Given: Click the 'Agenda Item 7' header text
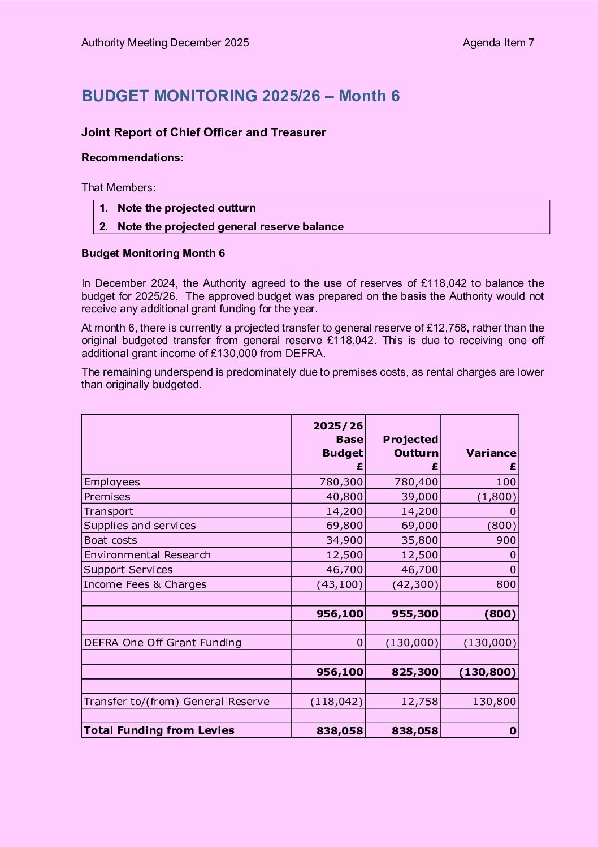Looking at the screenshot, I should pyautogui.click(x=498, y=43).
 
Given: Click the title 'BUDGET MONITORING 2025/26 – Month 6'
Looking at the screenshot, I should pyautogui.click(x=240, y=96).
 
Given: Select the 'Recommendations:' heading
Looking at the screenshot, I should pyautogui.click(x=132, y=158).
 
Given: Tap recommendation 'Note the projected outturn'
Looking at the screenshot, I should pyautogui.click(x=186, y=208).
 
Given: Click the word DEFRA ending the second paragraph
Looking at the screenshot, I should pyautogui.click(x=306, y=354).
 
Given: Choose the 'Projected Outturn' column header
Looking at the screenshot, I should pyautogui.click(x=410, y=446).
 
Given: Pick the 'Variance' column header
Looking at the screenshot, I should pyautogui.click(x=491, y=453).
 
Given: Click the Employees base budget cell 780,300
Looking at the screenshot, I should pyautogui.click(x=341, y=482).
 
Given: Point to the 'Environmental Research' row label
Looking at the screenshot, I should pyautogui.click(x=147, y=555).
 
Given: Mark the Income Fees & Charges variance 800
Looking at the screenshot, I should pyautogui.click(x=506, y=584).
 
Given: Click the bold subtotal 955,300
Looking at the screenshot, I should pyautogui.click(x=414, y=614).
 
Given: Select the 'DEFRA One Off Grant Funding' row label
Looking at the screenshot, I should pyautogui.click(x=162, y=643).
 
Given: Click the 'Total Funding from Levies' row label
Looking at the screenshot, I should pyautogui.click(x=159, y=730).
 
